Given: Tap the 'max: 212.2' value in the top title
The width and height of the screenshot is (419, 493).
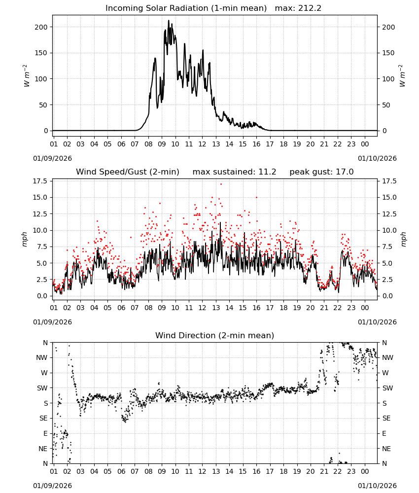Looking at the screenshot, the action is (298, 8).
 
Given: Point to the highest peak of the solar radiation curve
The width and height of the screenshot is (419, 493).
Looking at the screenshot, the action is (169, 20).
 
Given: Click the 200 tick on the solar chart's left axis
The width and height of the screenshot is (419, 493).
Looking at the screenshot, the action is (41, 27).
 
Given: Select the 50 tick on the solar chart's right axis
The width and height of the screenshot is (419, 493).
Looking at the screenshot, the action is (386, 105).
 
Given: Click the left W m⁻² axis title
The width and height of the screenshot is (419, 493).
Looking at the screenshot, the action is (27, 76).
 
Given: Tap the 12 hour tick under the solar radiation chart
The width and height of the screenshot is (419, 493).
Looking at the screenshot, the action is (202, 144).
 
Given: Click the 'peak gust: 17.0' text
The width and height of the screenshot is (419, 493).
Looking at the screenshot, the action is (321, 172).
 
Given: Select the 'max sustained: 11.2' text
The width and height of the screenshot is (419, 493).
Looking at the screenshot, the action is (234, 172).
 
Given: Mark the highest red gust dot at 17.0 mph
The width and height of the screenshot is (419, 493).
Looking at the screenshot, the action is (221, 184).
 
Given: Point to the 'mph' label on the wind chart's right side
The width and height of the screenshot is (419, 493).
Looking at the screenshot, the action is (403, 240).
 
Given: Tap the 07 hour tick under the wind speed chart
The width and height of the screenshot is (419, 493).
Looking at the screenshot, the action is (135, 308).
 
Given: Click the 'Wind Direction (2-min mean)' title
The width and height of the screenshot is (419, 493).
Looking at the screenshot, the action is (215, 335).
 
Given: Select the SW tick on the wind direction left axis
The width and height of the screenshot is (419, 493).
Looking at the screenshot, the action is (42, 388).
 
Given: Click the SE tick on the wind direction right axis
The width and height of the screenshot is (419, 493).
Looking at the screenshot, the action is (386, 418).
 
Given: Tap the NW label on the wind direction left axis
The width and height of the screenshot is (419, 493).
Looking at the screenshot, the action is (42, 357).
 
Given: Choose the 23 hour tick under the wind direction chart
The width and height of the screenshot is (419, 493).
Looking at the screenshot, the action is (351, 471).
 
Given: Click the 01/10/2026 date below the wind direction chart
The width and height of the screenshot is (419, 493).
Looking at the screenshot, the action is (377, 486).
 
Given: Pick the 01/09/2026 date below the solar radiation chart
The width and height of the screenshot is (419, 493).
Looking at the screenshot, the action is (52, 158).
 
